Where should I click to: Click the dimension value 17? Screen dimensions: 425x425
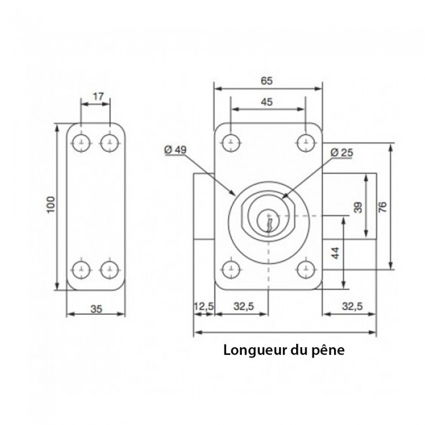click(x=97, y=97)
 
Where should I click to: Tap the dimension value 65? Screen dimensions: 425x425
click(x=267, y=81)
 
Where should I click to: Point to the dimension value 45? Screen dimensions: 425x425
click(x=267, y=101)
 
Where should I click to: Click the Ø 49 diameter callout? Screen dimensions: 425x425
click(x=176, y=150)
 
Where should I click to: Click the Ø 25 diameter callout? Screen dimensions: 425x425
click(x=342, y=152)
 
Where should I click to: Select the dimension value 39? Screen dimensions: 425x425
click(x=358, y=207)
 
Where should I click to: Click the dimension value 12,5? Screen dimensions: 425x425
click(x=203, y=305)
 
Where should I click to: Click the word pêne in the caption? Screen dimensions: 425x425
click(x=328, y=349)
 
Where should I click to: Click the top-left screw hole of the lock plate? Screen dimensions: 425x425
click(x=229, y=141)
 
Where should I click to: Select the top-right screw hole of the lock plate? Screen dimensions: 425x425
click(x=305, y=141)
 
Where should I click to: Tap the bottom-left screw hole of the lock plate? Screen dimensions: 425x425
click(x=229, y=268)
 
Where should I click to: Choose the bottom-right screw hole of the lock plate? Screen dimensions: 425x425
click(x=305, y=268)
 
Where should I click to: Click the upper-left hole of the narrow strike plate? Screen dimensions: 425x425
click(x=82, y=142)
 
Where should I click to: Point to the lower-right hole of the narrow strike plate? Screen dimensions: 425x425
click(x=109, y=269)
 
